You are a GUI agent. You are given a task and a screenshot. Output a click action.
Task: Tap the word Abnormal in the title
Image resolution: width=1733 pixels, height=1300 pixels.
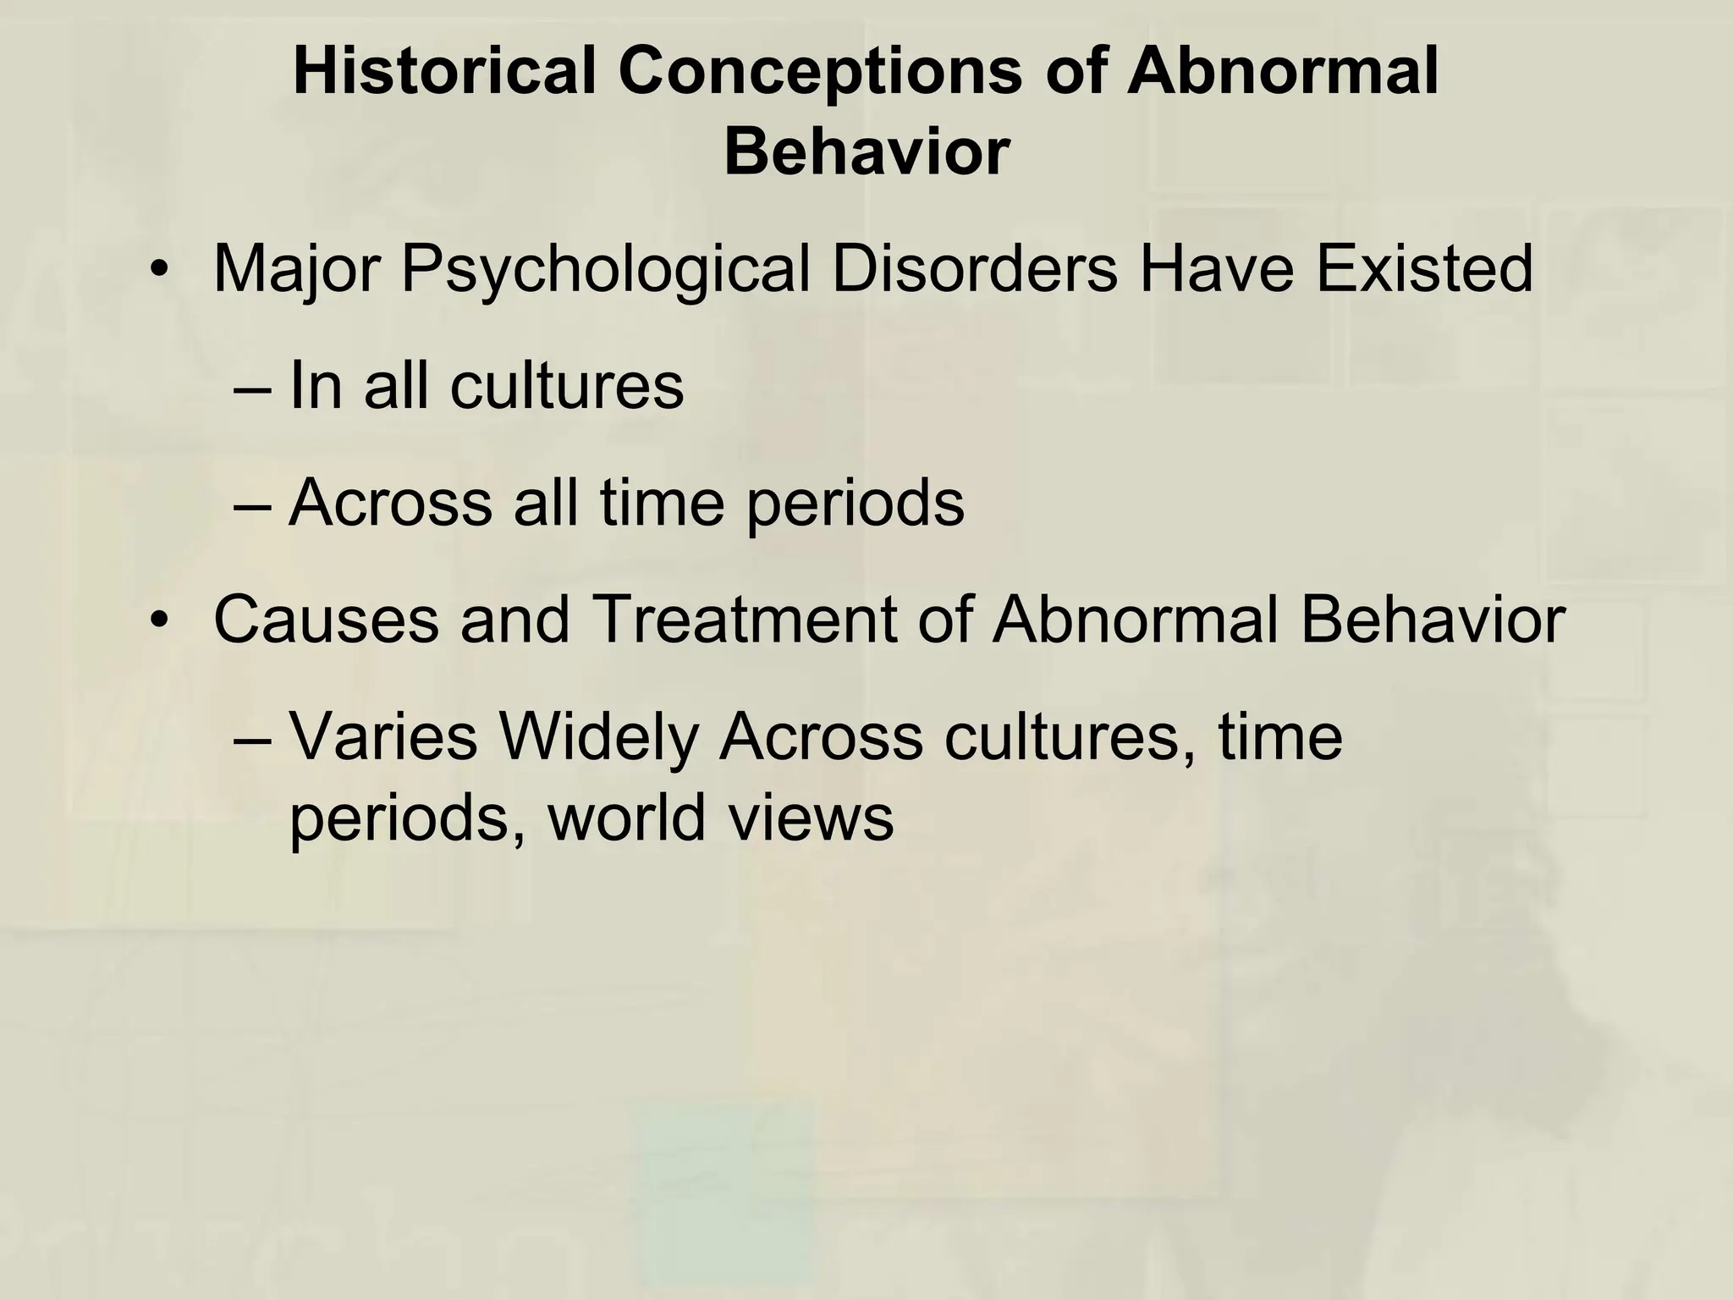pyautogui.click(x=1281, y=71)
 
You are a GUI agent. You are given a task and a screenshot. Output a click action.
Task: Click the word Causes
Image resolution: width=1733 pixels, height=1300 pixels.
pyautogui.click(x=326, y=620)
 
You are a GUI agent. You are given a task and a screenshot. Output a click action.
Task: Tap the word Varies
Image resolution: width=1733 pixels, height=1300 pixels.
pyautogui.click(x=384, y=737)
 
